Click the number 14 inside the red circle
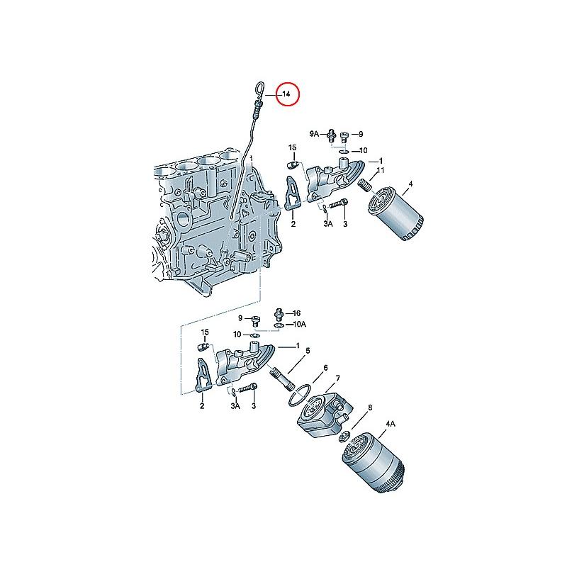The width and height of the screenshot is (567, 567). (286, 94)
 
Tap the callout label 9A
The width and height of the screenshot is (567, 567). (314, 133)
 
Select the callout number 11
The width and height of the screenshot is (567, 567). (381, 171)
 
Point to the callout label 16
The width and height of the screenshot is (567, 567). (296, 313)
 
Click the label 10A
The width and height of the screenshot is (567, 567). (300, 324)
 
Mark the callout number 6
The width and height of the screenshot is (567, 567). (325, 368)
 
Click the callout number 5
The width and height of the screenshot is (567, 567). (308, 350)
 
